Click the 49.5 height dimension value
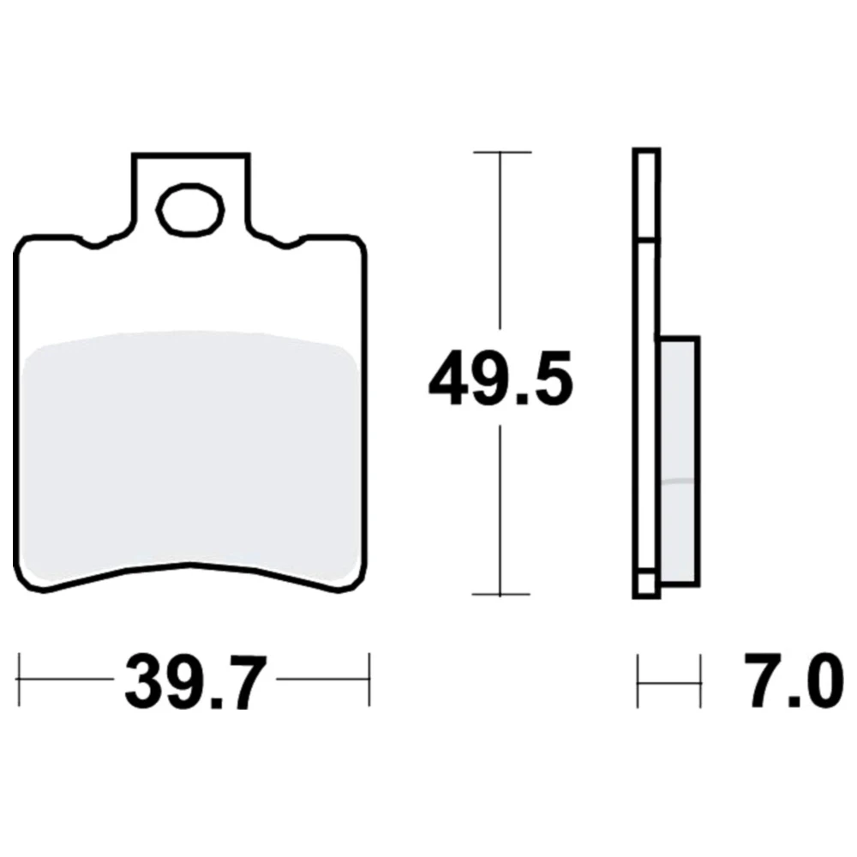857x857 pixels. click(x=500, y=378)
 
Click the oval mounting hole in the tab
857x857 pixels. click(x=190, y=210)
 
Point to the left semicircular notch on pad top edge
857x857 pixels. click(x=94, y=243)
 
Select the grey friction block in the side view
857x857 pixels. click(x=679, y=460)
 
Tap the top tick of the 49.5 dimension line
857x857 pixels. click(x=501, y=152)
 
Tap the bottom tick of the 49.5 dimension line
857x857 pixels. click(x=500, y=594)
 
